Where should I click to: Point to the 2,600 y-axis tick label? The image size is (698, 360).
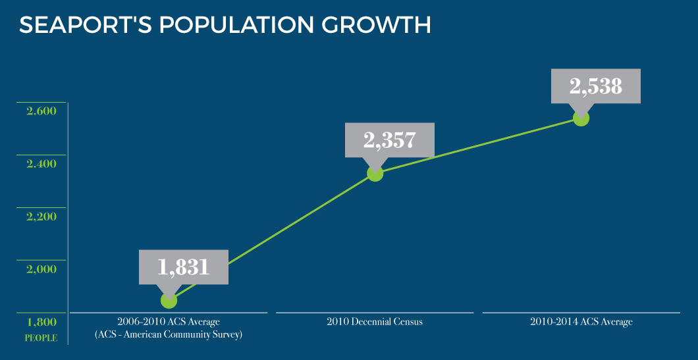(x=41, y=111)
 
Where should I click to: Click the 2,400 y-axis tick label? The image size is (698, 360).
(x=41, y=163)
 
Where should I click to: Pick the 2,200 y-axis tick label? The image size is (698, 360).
(x=41, y=216)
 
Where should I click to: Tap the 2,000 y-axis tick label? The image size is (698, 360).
(x=41, y=269)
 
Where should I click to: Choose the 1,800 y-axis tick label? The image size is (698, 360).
(x=41, y=322)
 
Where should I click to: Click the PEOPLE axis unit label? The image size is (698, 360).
(x=41, y=338)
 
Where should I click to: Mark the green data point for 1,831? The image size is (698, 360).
(x=169, y=300)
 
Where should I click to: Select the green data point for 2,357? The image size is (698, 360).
(x=375, y=174)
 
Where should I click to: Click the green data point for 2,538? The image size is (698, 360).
(x=580, y=118)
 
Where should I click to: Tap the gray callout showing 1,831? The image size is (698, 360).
(x=183, y=267)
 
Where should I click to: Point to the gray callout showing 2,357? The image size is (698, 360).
(x=389, y=140)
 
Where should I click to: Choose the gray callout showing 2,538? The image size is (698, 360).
(x=596, y=86)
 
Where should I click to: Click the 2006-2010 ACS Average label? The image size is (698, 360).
(x=168, y=322)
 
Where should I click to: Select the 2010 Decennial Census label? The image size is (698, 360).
(x=374, y=322)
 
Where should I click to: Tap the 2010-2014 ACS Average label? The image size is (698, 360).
(x=581, y=322)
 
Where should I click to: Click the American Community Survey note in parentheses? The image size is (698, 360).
(x=169, y=335)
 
